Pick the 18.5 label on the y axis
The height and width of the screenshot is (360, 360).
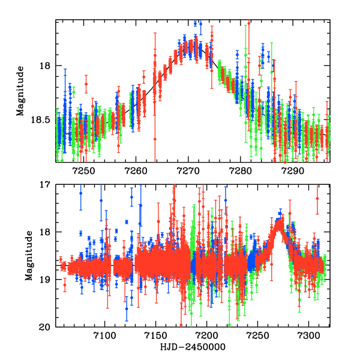click(40, 120)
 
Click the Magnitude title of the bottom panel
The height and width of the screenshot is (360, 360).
click(29, 256)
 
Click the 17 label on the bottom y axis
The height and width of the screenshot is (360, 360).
click(45, 185)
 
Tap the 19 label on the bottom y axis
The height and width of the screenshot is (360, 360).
click(45, 280)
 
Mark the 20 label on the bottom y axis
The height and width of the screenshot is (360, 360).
click(45, 327)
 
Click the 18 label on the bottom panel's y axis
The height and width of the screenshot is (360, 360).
click(45, 232)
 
